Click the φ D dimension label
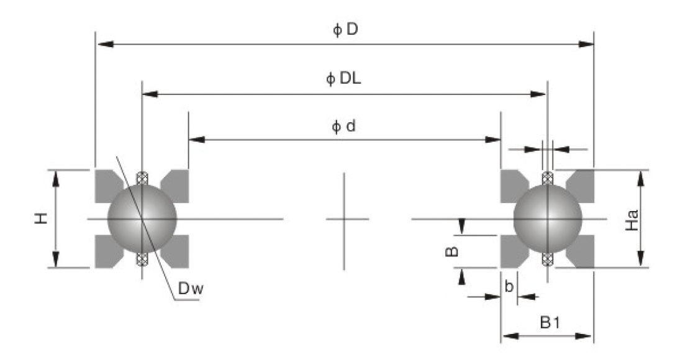pos(345,30)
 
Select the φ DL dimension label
pos(345,79)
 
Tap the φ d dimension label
pos(345,127)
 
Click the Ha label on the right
pos(631,218)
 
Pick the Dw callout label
pos(189,289)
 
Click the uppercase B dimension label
pos(453,251)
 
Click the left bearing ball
pos(142,218)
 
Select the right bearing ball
pos(548,218)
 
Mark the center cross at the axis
pos(344,218)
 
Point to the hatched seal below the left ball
pos(142,259)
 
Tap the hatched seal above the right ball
pos(547,178)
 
